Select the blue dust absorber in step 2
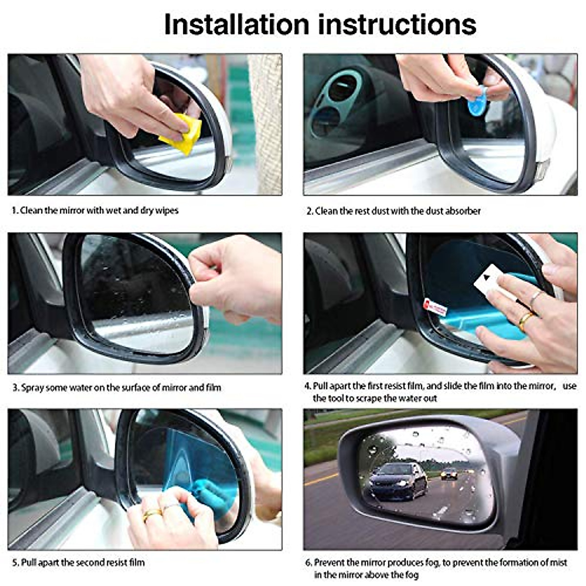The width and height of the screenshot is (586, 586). pos(477,100)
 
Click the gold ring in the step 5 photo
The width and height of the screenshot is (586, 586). pos(152,514)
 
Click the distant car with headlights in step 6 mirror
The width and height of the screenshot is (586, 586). pos(449,474)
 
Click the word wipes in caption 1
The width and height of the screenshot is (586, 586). pos(167,210)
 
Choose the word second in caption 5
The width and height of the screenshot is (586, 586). pos(97,563)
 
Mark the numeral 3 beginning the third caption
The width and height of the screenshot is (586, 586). pos(15,388)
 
